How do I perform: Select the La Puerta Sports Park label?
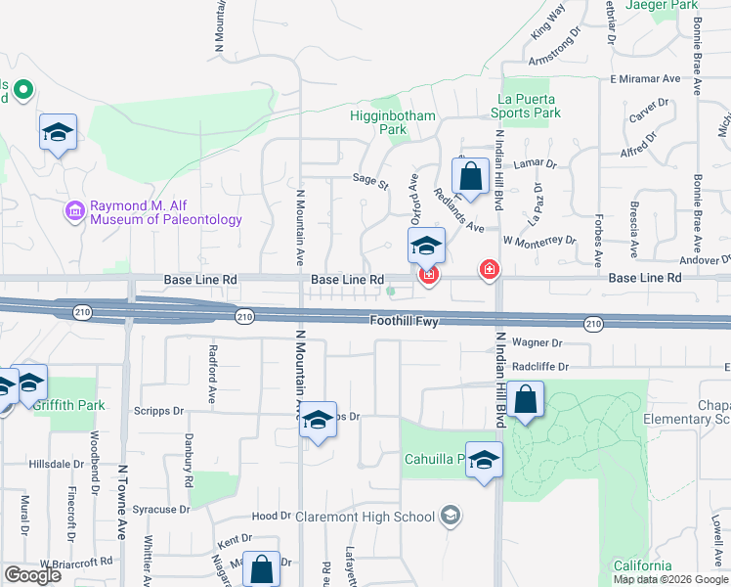click(x=528, y=106)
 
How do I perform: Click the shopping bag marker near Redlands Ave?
click(x=470, y=178)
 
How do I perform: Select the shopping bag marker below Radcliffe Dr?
click(x=525, y=400)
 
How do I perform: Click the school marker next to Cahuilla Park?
click(x=483, y=462)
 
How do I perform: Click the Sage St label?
click(x=370, y=182)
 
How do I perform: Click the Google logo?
click(x=32, y=575)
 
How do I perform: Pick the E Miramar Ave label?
click(x=644, y=78)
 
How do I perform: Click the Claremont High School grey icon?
click(x=450, y=516)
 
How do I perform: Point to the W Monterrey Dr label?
click(x=538, y=241)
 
